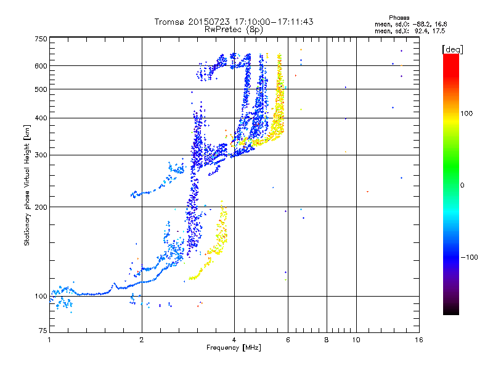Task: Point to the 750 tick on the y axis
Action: coord(40,38)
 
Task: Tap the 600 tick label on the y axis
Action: coord(40,66)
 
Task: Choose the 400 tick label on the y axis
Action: coord(40,118)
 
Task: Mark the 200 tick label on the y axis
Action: coord(40,207)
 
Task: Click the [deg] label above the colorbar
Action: coord(453,49)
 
